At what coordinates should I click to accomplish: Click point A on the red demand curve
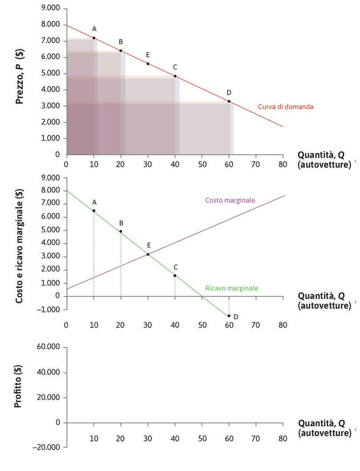click(x=94, y=38)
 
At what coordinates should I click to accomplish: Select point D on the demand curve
click(x=229, y=101)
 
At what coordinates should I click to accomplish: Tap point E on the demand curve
click(x=148, y=64)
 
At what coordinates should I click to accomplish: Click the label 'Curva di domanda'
click(x=286, y=107)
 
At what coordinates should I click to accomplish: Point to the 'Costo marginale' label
click(x=230, y=201)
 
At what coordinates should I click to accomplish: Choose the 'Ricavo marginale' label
click(x=231, y=288)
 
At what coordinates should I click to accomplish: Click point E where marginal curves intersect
click(x=148, y=254)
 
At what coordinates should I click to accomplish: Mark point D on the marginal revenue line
click(x=229, y=316)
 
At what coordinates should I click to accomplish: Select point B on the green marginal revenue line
click(x=121, y=231)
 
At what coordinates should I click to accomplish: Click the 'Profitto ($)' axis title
click(x=19, y=386)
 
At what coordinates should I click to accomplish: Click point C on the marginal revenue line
click(x=175, y=275)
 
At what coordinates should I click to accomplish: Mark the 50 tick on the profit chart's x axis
click(x=202, y=439)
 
